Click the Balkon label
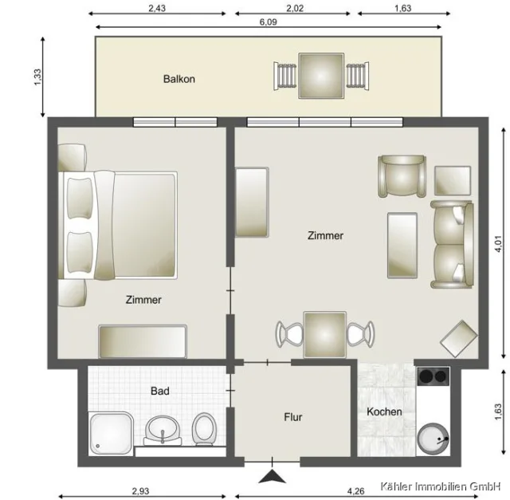click(x=179, y=79)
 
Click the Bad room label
click(x=160, y=392)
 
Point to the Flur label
click(x=293, y=416)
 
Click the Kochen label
click(x=384, y=411)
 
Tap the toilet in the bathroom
click(x=203, y=429)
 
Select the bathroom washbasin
click(x=164, y=431)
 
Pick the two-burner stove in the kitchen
click(x=434, y=376)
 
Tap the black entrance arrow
click(x=272, y=477)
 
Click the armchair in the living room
click(x=403, y=175)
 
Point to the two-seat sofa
click(x=453, y=243)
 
